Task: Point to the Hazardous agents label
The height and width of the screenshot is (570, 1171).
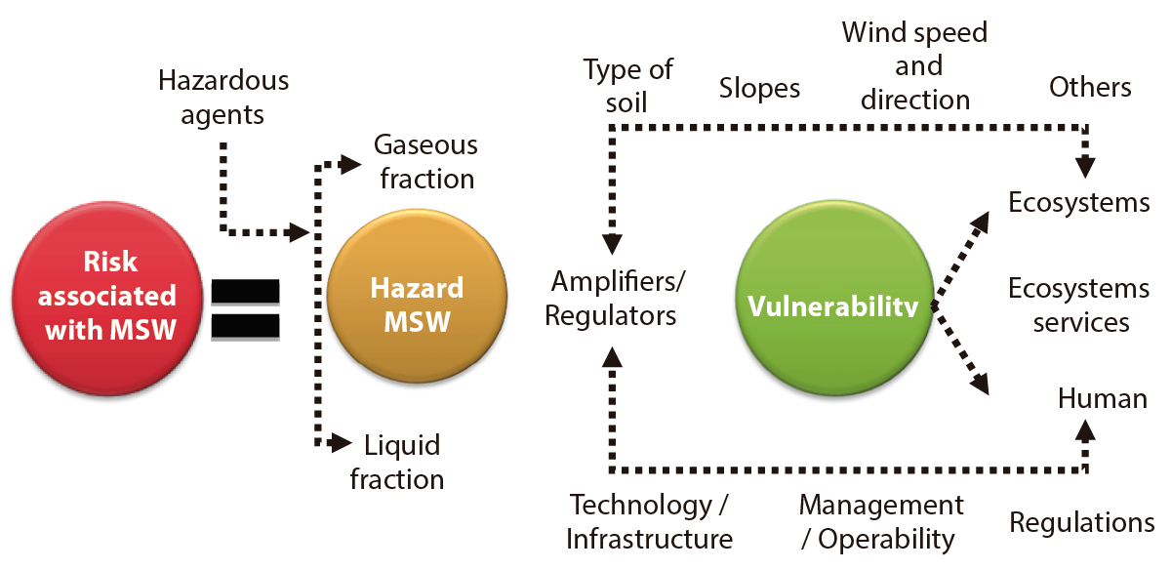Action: point(223,96)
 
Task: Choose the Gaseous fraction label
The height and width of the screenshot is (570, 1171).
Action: point(425,162)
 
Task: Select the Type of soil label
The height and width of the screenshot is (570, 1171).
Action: point(627,85)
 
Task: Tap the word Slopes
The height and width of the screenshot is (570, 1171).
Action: point(759,89)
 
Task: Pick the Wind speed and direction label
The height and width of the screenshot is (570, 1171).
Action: point(914,66)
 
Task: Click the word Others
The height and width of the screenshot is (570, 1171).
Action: point(1090,87)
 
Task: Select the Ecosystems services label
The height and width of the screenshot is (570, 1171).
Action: point(1079,305)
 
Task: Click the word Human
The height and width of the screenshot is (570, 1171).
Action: point(1103,398)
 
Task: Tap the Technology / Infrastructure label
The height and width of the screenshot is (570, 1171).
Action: point(650,521)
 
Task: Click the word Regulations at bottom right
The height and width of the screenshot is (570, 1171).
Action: point(1081,522)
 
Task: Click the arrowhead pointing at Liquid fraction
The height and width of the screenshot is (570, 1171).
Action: point(342,444)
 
